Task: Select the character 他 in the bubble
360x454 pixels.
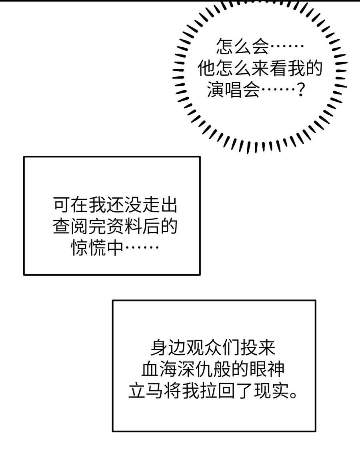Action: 207,70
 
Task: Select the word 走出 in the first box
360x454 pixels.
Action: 159,207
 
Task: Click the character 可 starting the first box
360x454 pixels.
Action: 62,207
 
